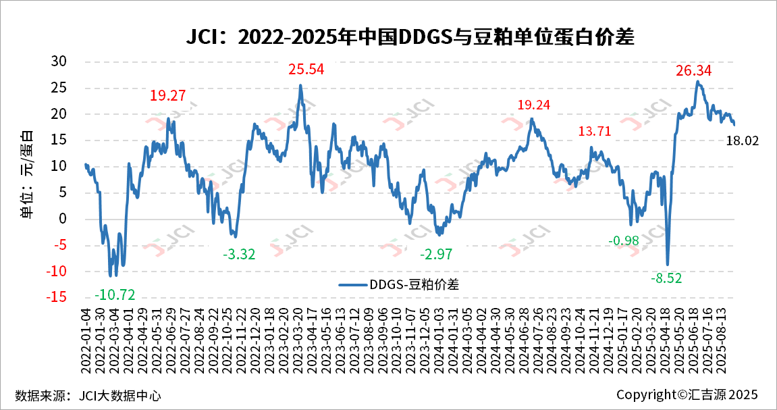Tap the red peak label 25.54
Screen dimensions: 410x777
tap(306, 69)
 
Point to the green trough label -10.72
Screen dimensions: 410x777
tap(115, 294)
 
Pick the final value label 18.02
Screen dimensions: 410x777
tap(743, 141)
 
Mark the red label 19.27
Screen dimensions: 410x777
tap(167, 96)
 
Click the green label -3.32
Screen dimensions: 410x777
tap(239, 255)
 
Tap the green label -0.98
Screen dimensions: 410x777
tap(624, 241)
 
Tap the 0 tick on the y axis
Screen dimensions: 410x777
tap(63, 219)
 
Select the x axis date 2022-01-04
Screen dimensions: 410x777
tap(86, 338)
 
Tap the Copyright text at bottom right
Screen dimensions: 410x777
tap(687, 394)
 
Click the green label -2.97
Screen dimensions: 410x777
tap(436, 255)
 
